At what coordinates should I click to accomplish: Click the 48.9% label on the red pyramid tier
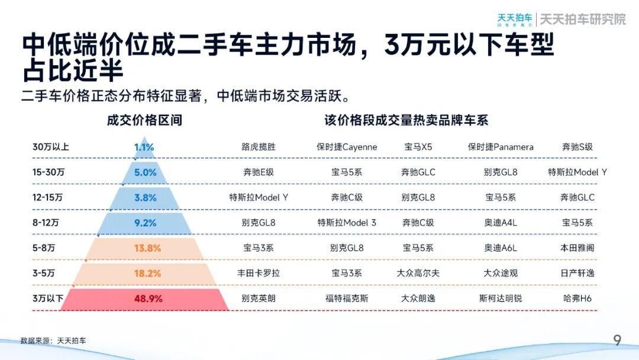coord(148,299)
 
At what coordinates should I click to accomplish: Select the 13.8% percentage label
coord(147,248)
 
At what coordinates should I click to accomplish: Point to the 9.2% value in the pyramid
coord(146,223)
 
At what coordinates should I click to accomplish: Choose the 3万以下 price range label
coord(47,298)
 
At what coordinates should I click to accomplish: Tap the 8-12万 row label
coord(46,223)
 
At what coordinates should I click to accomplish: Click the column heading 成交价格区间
coord(144,121)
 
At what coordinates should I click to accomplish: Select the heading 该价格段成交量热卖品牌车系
coord(406,121)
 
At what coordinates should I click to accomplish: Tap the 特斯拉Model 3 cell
coord(347,223)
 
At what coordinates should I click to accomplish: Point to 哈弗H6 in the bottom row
coord(577,299)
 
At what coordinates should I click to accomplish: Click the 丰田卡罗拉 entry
coord(259,274)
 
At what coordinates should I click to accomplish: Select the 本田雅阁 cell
coord(577,248)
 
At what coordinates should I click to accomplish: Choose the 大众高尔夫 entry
coord(418,274)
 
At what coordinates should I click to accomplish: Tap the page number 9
coord(617,340)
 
